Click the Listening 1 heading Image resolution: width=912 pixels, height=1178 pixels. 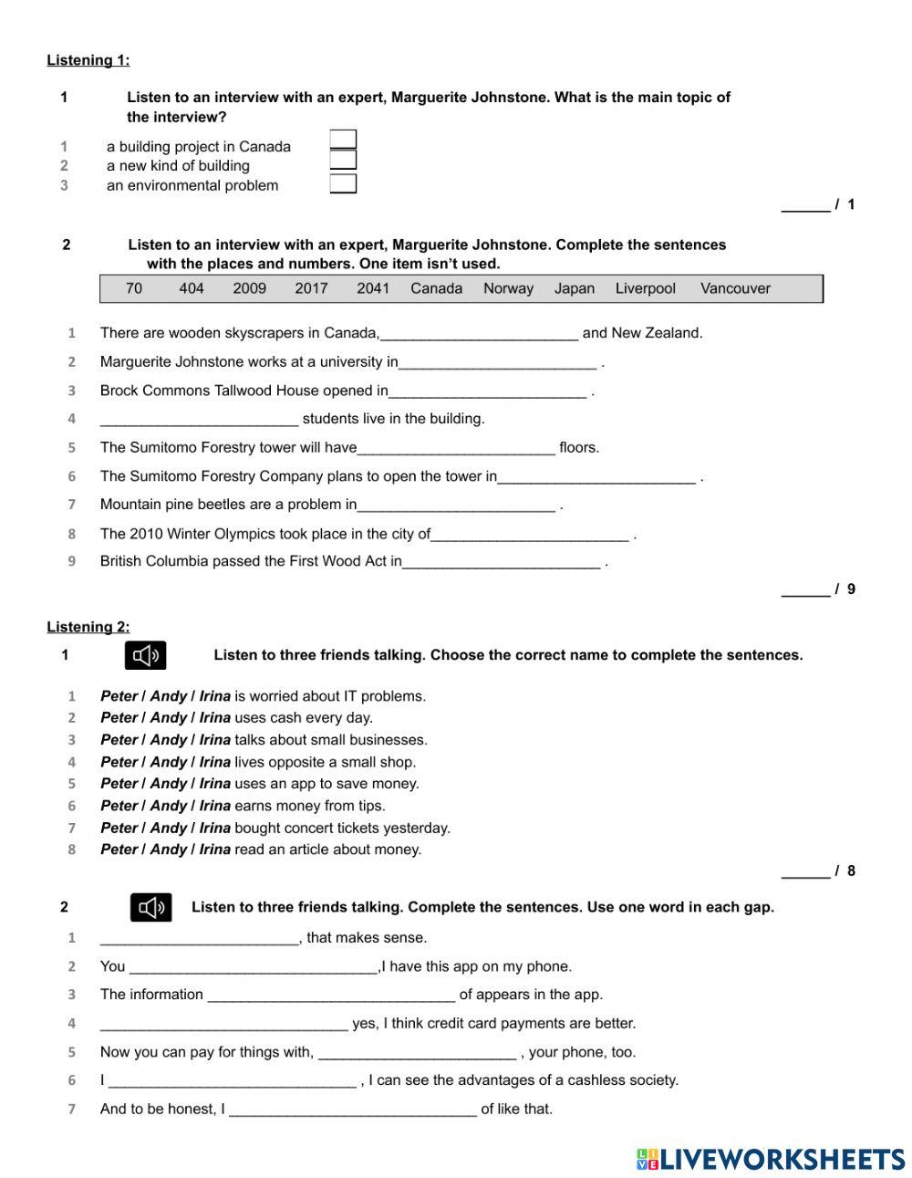tap(88, 60)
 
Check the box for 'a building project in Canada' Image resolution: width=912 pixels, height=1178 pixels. tap(343, 140)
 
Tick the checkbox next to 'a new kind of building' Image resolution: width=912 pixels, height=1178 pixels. tap(343, 161)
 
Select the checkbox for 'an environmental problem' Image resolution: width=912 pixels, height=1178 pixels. tap(343, 184)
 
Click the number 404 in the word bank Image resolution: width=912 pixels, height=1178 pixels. tap(192, 288)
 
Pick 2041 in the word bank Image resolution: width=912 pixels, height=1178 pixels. tap(373, 288)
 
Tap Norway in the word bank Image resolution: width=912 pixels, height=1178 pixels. tap(508, 288)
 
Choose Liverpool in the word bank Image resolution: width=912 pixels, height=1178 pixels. tap(646, 288)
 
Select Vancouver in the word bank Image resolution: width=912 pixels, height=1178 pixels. tap(735, 288)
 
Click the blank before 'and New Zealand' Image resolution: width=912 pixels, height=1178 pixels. tap(479, 333)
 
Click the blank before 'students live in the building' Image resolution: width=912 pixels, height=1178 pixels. tap(199, 419)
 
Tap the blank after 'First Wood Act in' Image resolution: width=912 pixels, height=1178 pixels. tap(501, 562)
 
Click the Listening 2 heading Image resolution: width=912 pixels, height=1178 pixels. tap(88, 627)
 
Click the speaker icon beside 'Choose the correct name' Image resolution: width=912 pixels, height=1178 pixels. tap(146, 655)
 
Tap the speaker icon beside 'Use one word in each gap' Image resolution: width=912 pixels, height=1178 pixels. tap(150, 907)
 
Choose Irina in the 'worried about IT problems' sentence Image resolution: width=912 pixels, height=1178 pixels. tap(215, 696)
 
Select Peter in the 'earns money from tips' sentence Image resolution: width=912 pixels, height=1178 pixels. tap(119, 806)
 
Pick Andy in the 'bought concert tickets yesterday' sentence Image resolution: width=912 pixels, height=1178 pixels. tap(169, 828)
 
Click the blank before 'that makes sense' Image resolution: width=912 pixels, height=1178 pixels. tap(199, 938)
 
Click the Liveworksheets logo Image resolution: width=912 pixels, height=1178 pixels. tap(771, 1159)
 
